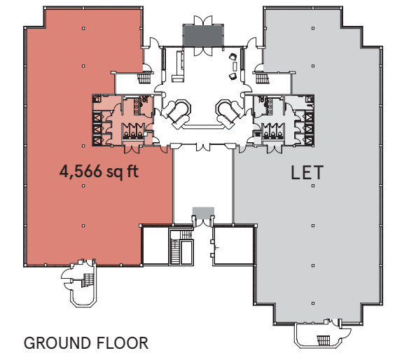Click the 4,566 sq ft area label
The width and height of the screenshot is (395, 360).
pyautogui.click(x=99, y=172)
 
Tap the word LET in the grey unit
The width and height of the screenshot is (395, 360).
pyautogui.click(x=307, y=172)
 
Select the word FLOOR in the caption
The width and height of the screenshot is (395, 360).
pyautogui.click(x=123, y=343)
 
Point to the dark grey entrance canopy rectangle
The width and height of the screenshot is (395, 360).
pyautogui.click(x=203, y=36)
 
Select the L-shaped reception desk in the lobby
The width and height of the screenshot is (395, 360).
pyautogui.click(x=179, y=67)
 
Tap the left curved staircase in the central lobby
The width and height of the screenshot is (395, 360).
pyautogui.click(x=177, y=113)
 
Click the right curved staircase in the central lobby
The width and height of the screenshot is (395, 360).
pyautogui.click(x=229, y=113)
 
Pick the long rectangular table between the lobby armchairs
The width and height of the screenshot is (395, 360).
pyautogui.click(x=235, y=66)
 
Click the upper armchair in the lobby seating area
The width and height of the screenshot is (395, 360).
pyautogui.click(x=233, y=57)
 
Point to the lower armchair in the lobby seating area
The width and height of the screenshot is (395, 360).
pyautogui.click(x=233, y=76)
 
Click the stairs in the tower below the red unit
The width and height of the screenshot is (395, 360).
pyautogui.click(x=88, y=280)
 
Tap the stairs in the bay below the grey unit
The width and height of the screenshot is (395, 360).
pyautogui.click(x=323, y=340)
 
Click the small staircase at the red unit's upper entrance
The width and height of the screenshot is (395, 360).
pyautogui.click(x=145, y=78)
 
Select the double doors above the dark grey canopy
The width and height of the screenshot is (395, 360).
pyautogui.click(x=203, y=20)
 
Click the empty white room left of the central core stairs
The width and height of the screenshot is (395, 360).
pyautogui.click(x=155, y=246)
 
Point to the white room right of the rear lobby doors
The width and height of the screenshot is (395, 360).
pyautogui.click(x=233, y=246)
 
